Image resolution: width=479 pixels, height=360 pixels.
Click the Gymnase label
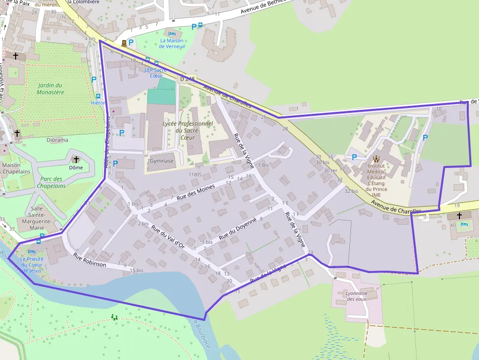161,161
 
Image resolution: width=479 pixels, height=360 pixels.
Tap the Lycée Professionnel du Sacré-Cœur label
188,130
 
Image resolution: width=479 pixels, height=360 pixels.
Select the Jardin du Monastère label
50,88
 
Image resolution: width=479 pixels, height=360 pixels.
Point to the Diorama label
57,140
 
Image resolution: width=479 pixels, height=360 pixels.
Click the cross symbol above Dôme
76,159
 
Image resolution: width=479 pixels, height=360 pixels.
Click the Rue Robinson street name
89,259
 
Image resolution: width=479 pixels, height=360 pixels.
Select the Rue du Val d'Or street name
167,237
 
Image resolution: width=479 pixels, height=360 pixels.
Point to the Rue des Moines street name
196,191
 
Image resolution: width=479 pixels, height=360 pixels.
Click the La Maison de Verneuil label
172,44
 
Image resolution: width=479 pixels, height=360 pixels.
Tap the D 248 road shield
187,79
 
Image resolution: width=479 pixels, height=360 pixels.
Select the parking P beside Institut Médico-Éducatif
354,157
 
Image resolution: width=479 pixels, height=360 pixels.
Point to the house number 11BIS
195,174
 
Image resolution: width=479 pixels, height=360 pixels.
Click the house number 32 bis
351,191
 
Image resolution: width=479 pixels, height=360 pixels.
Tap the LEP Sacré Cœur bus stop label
155,73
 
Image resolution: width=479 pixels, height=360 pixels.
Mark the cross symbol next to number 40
459,215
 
